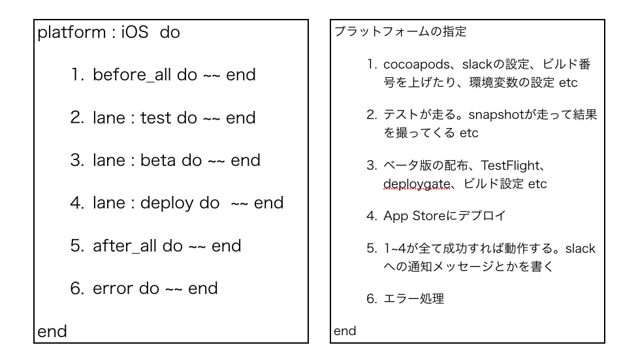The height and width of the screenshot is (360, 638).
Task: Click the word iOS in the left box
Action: pyautogui.click(x=135, y=32)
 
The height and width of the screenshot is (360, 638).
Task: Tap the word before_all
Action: pyautogui.click(x=132, y=75)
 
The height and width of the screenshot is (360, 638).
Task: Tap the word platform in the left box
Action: pyautogui.click(x=72, y=33)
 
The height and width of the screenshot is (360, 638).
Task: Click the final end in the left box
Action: pyautogui.click(x=52, y=331)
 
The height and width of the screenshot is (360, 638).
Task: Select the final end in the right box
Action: pyautogui.click(x=345, y=331)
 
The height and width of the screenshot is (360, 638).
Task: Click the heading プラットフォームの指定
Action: pyautogui.click(x=400, y=31)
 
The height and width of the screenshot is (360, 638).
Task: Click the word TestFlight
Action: pyautogui.click(x=510, y=166)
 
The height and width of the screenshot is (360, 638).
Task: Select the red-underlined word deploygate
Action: pyautogui.click(x=417, y=184)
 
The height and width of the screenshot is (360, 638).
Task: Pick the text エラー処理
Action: pyautogui.click(x=414, y=299)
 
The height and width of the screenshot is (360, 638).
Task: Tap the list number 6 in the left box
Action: pyautogui.click(x=77, y=288)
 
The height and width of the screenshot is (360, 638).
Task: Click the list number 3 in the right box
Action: pyautogui.click(x=372, y=165)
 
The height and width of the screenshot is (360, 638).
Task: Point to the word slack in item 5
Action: pyautogui.click(x=581, y=248)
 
